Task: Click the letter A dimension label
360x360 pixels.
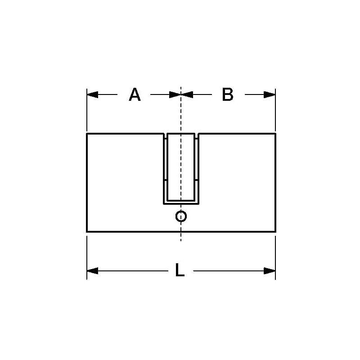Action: click(x=135, y=94)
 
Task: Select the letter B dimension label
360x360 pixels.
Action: click(x=228, y=94)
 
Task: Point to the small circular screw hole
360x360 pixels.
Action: click(x=181, y=216)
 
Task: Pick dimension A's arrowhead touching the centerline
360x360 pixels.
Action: click(x=175, y=94)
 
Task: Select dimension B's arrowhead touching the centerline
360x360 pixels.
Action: click(x=187, y=94)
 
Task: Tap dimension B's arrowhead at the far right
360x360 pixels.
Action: click(x=270, y=94)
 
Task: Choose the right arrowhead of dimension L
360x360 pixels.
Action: click(x=270, y=270)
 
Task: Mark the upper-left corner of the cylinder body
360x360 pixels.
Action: click(x=87, y=134)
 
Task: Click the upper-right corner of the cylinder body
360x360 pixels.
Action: click(x=275, y=134)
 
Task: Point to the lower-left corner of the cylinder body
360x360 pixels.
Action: click(x=87, y=231)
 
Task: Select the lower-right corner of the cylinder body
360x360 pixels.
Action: click(x=275, y=231)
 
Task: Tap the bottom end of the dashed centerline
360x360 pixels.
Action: click(x=181, y=241)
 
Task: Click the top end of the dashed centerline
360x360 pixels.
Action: click(x=181, y=87)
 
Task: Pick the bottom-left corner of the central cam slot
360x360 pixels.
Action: click(x=163, y=204)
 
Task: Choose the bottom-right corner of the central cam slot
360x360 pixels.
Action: click(x=198, y=204)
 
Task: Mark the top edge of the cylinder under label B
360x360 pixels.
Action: click(x=237, y=134)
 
